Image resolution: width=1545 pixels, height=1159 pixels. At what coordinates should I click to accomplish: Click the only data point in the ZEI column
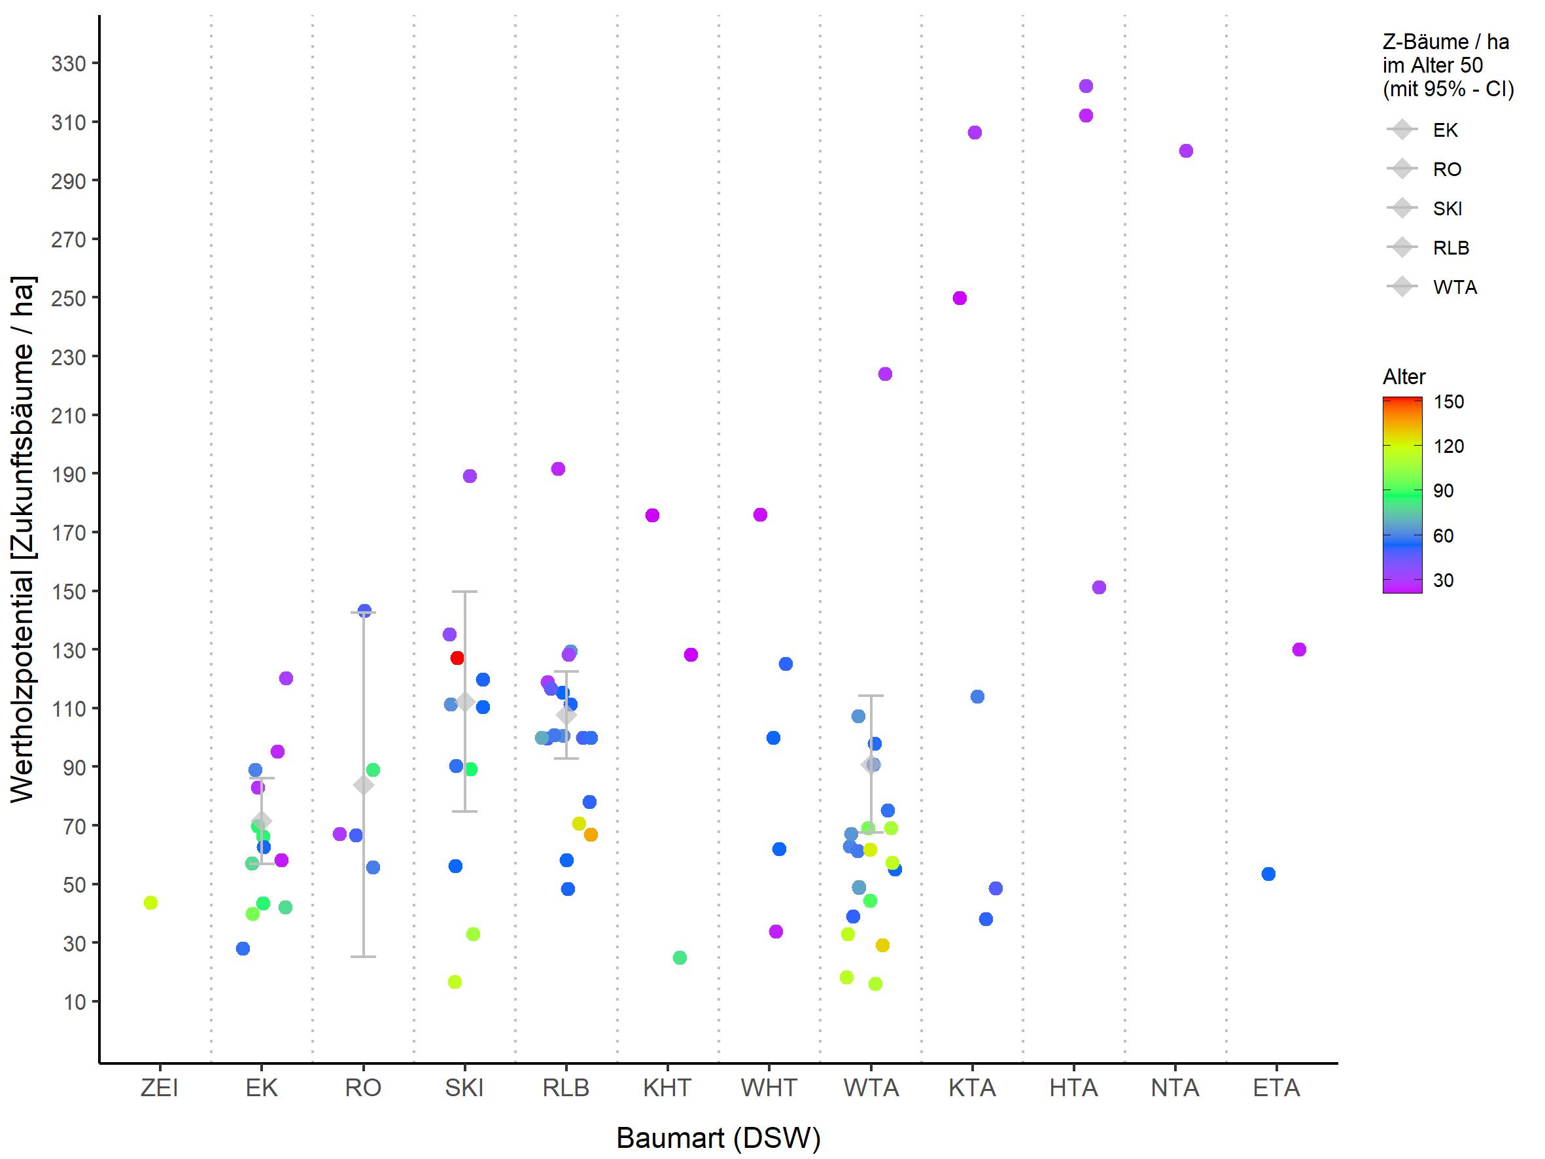point(151,902)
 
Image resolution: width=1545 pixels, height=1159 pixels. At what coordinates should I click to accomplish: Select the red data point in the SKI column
point(457,658)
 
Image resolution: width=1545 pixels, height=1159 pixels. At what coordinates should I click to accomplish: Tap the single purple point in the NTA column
point(1186,151)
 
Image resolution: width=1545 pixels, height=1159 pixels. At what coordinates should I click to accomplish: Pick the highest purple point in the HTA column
point(1086,86)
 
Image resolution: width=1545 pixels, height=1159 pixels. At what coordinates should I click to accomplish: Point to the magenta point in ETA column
point(1299,650)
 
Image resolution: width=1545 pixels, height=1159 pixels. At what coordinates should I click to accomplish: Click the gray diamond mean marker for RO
point(363,785)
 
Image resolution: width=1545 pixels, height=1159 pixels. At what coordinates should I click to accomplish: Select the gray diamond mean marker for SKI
point(465,703)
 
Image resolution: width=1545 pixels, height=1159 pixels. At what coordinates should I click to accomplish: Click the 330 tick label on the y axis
point(69,64)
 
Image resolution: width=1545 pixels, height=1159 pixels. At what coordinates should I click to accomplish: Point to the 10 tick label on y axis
point(75,1003)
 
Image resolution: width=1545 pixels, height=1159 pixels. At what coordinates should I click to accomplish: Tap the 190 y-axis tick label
point(69,475)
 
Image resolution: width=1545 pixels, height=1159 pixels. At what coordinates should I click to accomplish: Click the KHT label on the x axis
point(667,1088)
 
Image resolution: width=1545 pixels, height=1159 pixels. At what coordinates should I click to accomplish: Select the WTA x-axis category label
point(871,1088)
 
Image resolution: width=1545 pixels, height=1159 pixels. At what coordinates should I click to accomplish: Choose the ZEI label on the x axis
point(159,1088)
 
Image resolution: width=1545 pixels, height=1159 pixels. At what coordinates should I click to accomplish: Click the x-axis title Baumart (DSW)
point(718,1139)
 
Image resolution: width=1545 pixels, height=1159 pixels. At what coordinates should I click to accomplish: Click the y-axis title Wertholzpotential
point(22,539)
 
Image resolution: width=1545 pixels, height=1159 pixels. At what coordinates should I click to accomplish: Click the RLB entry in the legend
point(1451,248)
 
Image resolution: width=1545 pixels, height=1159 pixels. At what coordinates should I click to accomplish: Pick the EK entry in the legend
point(1445,131)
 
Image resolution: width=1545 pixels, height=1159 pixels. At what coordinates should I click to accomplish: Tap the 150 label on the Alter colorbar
point(1449,402)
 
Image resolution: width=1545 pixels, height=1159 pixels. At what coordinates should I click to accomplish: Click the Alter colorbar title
point(1404,377)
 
